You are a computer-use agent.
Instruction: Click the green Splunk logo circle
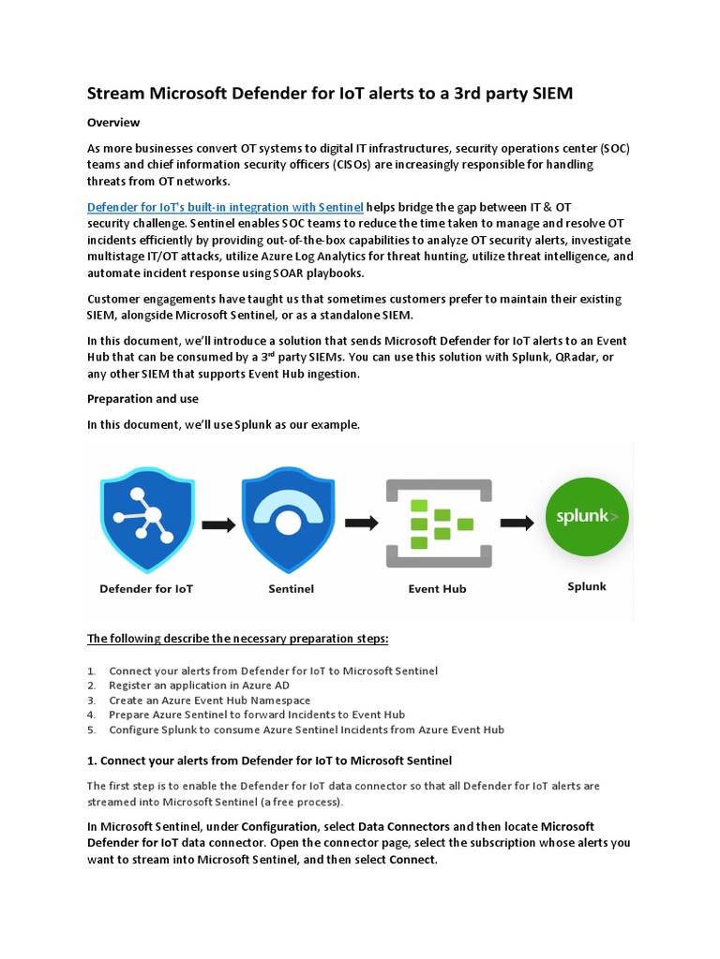[587, 518]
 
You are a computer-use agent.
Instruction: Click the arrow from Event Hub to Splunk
[517, 523]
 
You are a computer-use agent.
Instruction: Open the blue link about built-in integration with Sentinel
[225, 207]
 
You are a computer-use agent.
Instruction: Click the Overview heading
[113, 123]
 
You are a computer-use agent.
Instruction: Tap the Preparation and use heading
[142, 399]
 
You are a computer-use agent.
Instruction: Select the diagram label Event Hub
[437, 589]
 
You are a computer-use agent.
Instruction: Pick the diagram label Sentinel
[291, 589]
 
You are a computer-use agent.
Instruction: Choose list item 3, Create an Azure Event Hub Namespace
[209, 700]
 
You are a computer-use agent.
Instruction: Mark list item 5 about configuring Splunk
[307, 730]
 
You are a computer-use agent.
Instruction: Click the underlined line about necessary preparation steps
[237, 639]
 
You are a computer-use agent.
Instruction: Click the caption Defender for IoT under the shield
[146, 589]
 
